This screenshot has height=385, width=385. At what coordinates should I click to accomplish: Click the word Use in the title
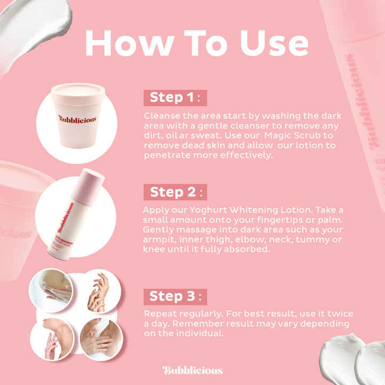pos(274,43)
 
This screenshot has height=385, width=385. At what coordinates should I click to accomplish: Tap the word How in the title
pos(130,43)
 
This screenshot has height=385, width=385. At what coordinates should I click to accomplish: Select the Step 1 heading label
pos(175,98)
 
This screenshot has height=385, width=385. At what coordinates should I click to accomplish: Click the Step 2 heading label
pos(175,192)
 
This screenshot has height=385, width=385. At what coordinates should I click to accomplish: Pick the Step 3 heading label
pos(175,297)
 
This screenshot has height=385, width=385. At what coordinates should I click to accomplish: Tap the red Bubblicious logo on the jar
pos(78,119)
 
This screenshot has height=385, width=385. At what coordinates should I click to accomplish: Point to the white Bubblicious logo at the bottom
pos(192,370)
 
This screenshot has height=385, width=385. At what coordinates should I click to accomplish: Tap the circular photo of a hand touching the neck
pos(52,340)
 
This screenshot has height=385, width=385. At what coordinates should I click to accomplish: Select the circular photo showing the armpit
pos(102,340)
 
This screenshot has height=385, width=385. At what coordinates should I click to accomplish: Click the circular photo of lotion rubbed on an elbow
pos(51,290)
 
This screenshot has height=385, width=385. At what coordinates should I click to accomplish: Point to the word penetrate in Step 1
pos(167,155)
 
